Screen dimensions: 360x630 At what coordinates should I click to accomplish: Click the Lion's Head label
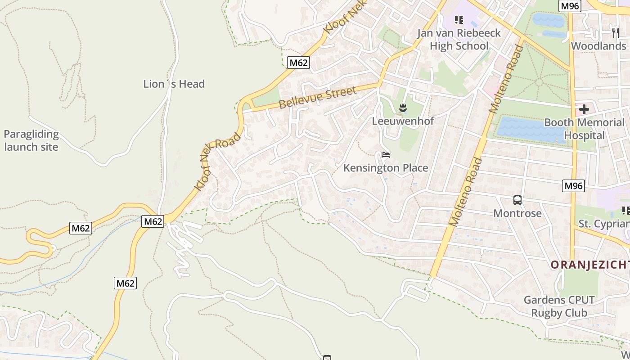(174, 84)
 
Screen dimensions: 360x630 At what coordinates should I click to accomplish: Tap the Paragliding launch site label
(31, 140)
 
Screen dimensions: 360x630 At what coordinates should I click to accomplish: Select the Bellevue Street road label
(317, 98)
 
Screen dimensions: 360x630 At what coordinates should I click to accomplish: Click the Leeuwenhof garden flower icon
(403, 107)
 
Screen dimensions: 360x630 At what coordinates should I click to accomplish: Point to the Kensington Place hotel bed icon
(385, 155)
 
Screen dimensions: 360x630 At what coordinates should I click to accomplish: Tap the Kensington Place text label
(386, 168)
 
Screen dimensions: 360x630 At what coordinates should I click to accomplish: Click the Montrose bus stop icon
(517, 200)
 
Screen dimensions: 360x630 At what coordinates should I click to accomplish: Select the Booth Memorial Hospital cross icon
(584, 109)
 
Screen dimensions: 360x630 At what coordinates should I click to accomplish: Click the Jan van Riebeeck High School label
(459, 39)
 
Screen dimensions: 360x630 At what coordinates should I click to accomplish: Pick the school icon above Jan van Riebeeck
(459, 19)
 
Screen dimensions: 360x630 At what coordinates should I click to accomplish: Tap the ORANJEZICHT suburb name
(589, 265)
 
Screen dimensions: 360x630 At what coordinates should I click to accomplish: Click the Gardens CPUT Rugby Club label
(559, 306)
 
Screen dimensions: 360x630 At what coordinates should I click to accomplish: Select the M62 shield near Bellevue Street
(298, 63)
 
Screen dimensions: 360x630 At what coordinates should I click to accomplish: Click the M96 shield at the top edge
(570, 5)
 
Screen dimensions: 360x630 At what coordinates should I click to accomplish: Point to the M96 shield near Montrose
(573, 185)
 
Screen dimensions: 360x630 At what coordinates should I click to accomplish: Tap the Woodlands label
(598, 46)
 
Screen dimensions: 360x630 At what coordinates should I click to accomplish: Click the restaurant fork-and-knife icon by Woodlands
(615, 32)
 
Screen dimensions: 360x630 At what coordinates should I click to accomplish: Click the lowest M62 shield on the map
(125, 283)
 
